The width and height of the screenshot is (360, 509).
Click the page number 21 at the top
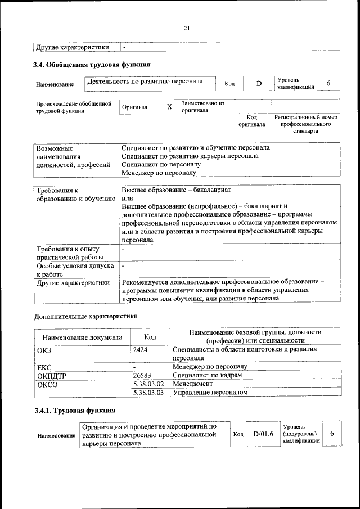click(187, 28)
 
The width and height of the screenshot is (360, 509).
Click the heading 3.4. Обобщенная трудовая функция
click(92, 65)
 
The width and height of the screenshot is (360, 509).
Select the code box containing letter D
click(259, 84)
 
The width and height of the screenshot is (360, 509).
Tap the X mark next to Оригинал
click(169, 107)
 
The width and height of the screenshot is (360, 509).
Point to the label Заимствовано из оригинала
click(202, 107)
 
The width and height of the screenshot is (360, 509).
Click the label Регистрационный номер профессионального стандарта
click(305, 124)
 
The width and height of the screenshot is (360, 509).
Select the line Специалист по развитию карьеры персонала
click(190, 156)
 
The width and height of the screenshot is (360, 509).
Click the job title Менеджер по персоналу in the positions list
click(159, 173)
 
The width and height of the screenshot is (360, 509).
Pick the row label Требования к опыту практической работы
click(68, 253)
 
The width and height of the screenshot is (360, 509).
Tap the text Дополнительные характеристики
click(86, 316)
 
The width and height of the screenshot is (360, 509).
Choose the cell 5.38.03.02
click(148, 383)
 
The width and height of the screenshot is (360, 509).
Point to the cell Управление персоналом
click(210, 392)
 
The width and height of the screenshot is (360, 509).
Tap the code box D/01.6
click(263, 434)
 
